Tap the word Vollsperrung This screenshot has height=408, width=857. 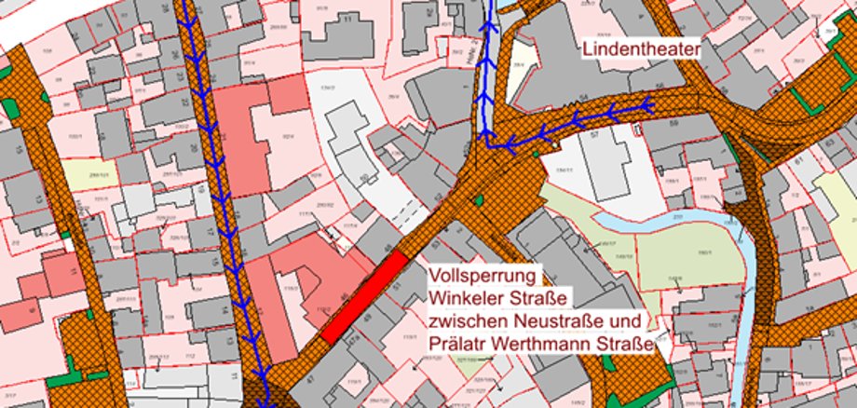479,277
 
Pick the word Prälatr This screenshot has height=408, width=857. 458,343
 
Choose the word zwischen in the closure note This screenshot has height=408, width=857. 464,320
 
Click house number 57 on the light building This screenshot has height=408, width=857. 592,135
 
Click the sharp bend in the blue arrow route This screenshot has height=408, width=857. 486,143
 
